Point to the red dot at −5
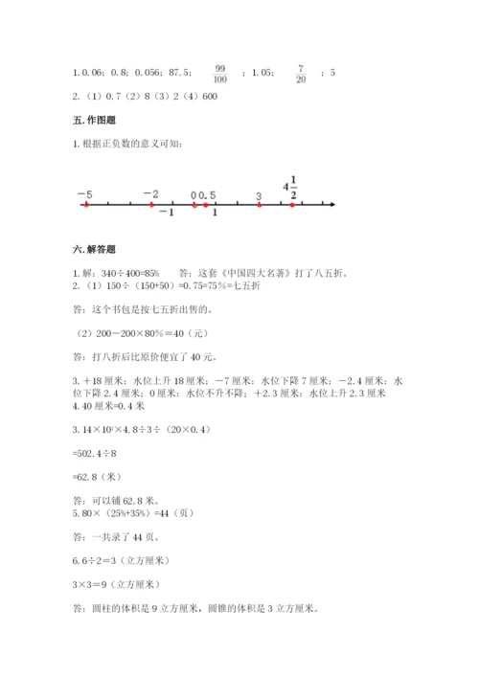86,204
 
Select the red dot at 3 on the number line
259,204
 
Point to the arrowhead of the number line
331,204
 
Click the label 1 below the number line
215,213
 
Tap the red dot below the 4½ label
291,204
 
